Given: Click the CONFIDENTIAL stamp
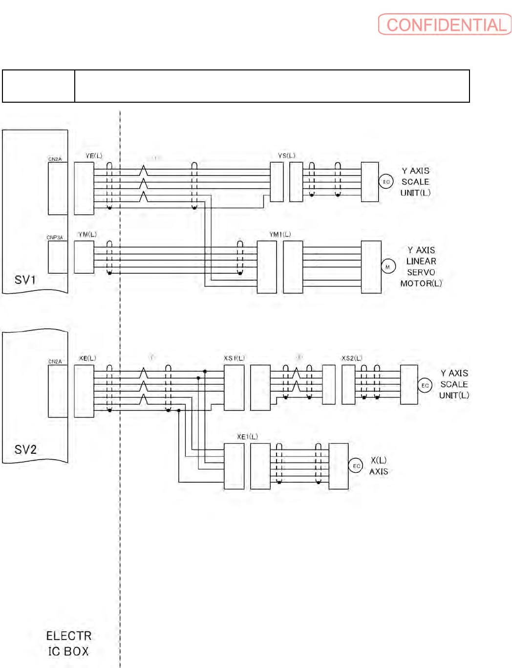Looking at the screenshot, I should click(x=445, y=24).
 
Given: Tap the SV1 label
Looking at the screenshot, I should click(x=25, y=280).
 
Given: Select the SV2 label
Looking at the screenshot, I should click(x=25, y=449).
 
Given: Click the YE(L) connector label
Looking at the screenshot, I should click(x=94, y=156).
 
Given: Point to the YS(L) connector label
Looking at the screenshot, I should click(x=287, y=156).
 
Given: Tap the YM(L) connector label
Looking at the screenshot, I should click(x=87, y=235).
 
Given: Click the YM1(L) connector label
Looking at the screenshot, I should click(x=280, y=235).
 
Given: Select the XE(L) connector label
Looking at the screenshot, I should click(x=87, y=358).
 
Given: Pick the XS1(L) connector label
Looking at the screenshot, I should click(x=234, y=358).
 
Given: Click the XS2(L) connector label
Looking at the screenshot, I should click(x=352, y=358).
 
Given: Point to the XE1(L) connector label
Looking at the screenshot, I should click(x=247, y=437).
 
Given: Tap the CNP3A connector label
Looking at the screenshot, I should click(x=55, y=238).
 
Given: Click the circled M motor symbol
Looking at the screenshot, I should click(x=388, y=267).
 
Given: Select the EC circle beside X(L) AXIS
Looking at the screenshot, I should click(x=356, y=466).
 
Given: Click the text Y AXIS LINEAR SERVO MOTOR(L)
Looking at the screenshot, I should click(x=421, y=267).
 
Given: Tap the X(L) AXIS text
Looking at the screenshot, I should click(x=379, y=466).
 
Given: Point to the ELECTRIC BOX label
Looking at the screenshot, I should click(x=68, y=644).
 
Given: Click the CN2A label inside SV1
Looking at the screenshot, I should click(x=55, y=159).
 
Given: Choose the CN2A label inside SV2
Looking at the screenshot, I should click(x=55, y=362).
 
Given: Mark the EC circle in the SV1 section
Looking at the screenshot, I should click(x=386, y=182).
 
